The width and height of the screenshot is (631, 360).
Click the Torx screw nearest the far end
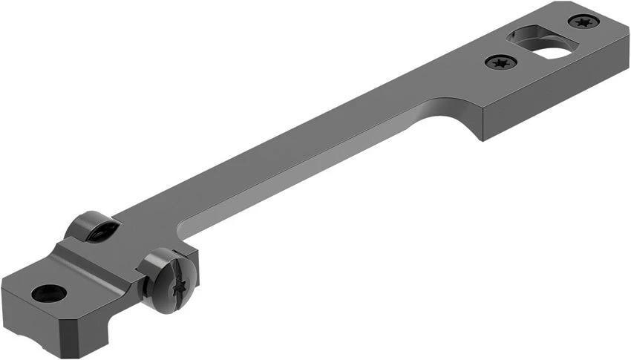coord(583,22)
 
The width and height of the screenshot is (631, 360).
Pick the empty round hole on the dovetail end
coord(49,293)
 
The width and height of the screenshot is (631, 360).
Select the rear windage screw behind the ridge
coord(93,226)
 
